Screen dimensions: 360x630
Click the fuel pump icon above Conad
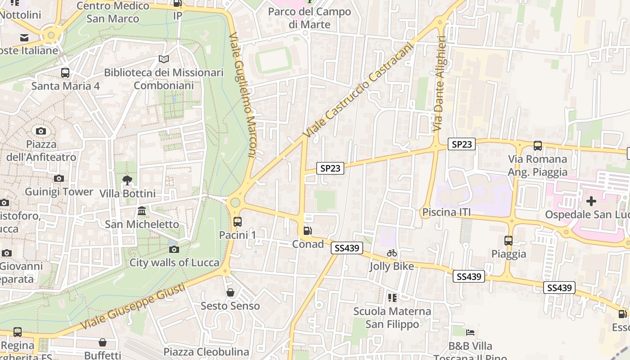[x=308, y=231]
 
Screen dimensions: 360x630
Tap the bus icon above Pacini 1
[x=238, y=221]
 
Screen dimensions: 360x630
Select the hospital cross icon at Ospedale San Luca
[x=591, y=201]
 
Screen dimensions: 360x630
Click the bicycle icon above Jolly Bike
[x=392, y=253]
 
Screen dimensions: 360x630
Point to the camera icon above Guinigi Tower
[x=59, y=178]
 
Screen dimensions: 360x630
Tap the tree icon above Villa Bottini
[x=127, y=180]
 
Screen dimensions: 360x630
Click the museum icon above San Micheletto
[x=142, y=211]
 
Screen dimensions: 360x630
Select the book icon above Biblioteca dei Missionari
[x=164, y=59]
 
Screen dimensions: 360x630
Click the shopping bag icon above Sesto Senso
[x=230, y=292]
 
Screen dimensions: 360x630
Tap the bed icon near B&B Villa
[x=470, y=333]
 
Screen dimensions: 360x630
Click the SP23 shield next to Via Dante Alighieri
[x=462, y=144]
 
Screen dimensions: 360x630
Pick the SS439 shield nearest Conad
[x=347, y=248]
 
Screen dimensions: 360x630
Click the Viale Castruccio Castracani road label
[x=359, y=90]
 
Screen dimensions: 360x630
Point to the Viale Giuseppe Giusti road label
[x=133, y=306]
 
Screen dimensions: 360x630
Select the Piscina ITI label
[x=446, y=212]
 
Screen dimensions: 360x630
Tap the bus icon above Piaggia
[x=508, y=240]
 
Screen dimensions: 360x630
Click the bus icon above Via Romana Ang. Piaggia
[x=538, y=145]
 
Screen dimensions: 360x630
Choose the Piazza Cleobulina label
[x=206, y=351]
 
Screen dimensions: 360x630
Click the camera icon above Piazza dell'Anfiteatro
[x=41, y=131]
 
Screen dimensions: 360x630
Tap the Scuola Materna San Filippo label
[x=392, y=318]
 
